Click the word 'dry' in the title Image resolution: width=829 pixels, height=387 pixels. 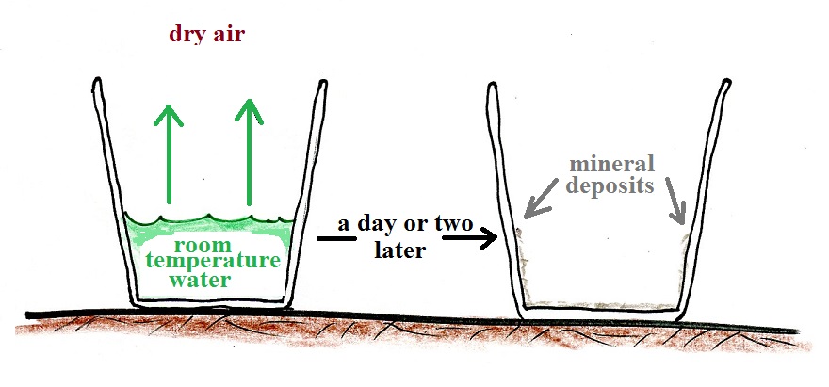click(187, 35)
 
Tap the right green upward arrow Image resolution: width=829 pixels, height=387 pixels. click(250, 151)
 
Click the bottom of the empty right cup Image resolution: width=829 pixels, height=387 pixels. click(603, 308)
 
